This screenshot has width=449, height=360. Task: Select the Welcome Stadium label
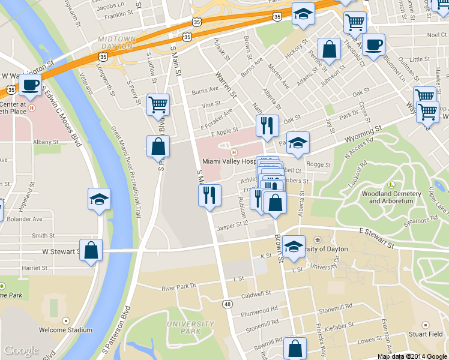click(65, 329)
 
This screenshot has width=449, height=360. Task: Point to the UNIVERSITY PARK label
click(182, 327)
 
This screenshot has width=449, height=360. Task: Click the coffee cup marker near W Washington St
click(29, 85)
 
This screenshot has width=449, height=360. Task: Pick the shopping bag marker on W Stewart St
click(91, 251)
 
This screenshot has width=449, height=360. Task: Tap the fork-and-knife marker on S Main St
click(209, 196)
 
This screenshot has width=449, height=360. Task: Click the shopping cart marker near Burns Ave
click(158, 105)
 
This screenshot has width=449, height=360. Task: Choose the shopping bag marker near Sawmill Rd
click(295, 348)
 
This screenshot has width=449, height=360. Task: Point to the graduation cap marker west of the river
click(99, 200)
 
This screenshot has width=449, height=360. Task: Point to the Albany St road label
click(45, 142)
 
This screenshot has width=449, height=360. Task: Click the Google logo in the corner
click(21, 351)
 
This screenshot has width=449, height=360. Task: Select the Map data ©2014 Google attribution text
click(412, 356)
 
